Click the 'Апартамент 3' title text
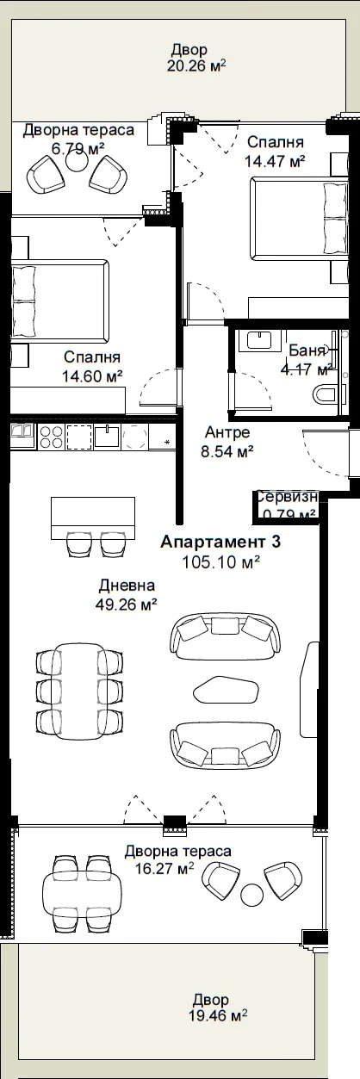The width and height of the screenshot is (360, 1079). pos(220,542)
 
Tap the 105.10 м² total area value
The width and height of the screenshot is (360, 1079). pos(221,561)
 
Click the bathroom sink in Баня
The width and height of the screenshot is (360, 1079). pos(264,340)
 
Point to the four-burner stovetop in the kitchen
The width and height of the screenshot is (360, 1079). pos(51,437)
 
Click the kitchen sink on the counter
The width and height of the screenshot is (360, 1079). pos(107,437)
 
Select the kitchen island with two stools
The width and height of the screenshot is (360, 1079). pos(93,518)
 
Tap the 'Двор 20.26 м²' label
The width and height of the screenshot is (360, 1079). pos(196,58)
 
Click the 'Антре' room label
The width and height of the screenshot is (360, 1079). pos(227,432)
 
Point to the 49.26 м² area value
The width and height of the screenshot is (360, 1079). pos(127,604)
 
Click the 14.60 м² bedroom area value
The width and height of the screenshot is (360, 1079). pos(91,376)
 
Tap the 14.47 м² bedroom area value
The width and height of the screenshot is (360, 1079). pos(275,161)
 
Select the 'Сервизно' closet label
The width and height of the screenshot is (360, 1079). pos(286,497)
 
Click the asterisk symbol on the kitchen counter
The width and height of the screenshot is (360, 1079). pos(167,442)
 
